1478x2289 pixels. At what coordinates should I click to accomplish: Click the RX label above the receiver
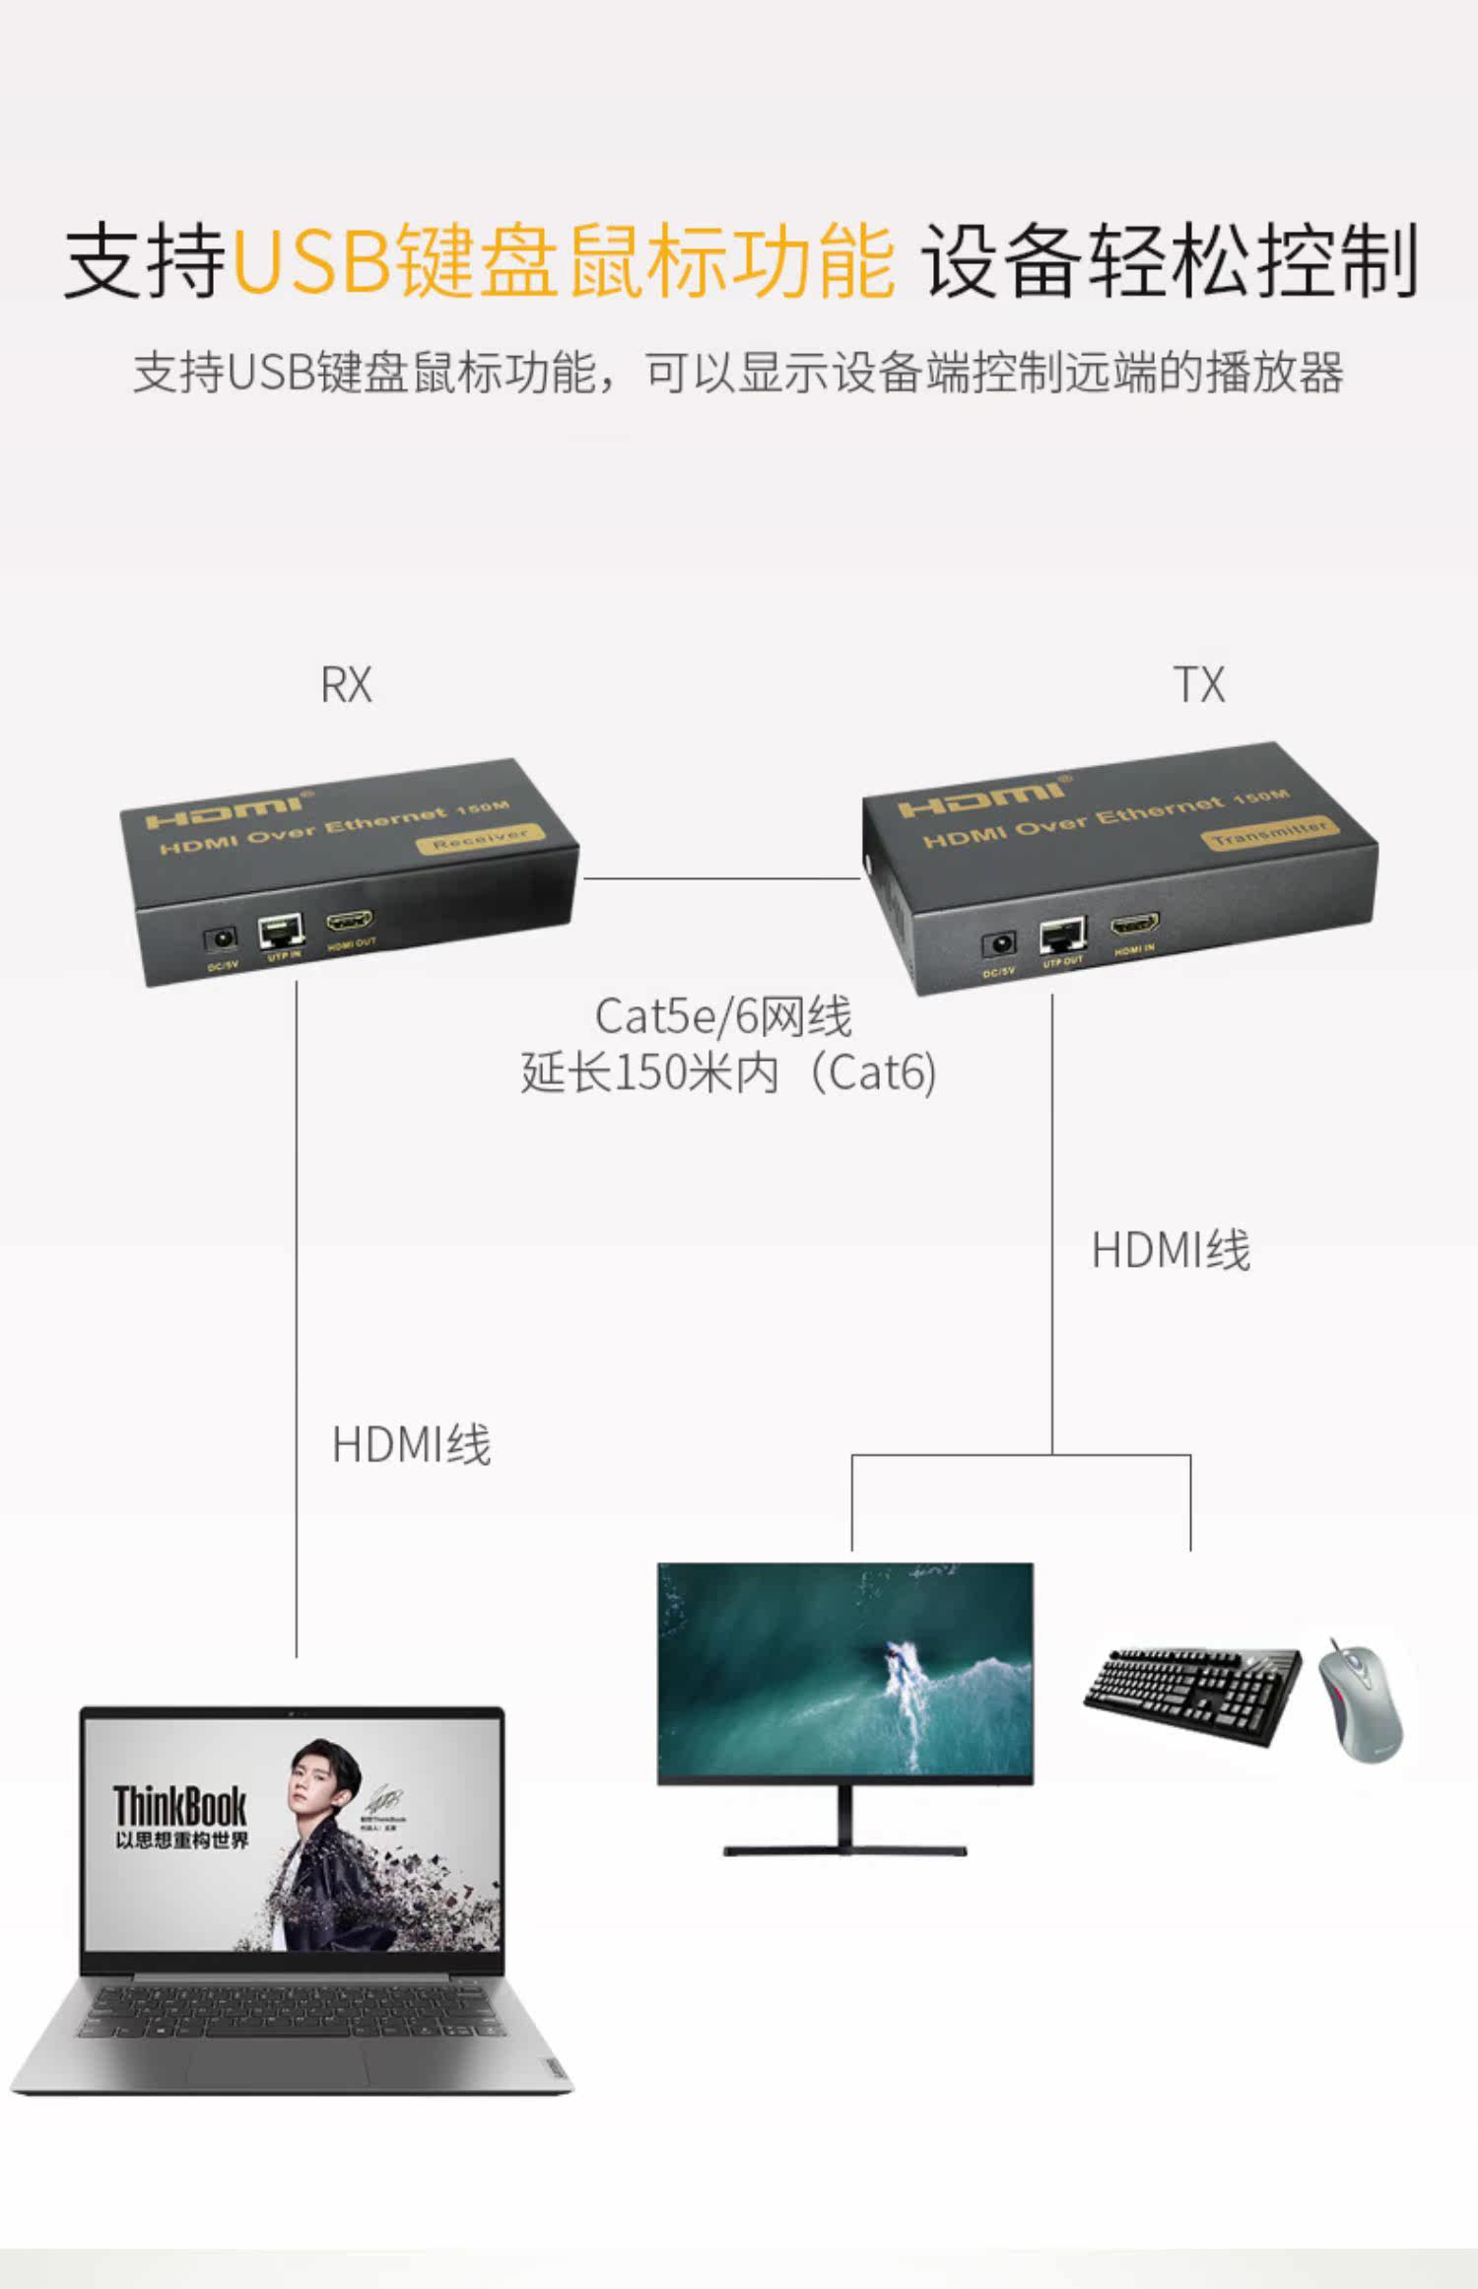pyautogui.click(x=346, y=685)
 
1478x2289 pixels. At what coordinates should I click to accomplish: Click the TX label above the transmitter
pyautogui.click(x=1199, y=685)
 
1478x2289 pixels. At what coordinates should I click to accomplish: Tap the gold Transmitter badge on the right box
pyautogui.click(x=1270, y=833)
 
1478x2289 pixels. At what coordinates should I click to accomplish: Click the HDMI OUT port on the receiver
pyautogui.click(x=351, y=924)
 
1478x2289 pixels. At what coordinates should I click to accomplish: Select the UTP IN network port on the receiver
pyautogui.click(x=282, y=932)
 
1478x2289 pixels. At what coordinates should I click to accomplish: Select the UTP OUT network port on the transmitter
pyautogui.click(x=1063, y=935)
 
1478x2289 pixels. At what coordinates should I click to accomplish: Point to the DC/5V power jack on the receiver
pyautogui.click(x=220, y=939)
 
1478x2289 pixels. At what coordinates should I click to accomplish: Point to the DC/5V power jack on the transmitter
pyautogui.click(x=1000, y=945)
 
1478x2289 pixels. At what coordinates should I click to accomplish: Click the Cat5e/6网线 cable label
pyautogui.click(x=722, y=1017)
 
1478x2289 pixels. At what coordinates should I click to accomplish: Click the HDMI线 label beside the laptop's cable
pyautogui.click(x=411, y=1445)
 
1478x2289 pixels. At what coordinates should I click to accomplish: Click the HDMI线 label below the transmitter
pyautogui.click(x=1171, y=1251)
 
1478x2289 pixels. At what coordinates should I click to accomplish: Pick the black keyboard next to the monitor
pyautogui.click(x=1192, y=1693)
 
